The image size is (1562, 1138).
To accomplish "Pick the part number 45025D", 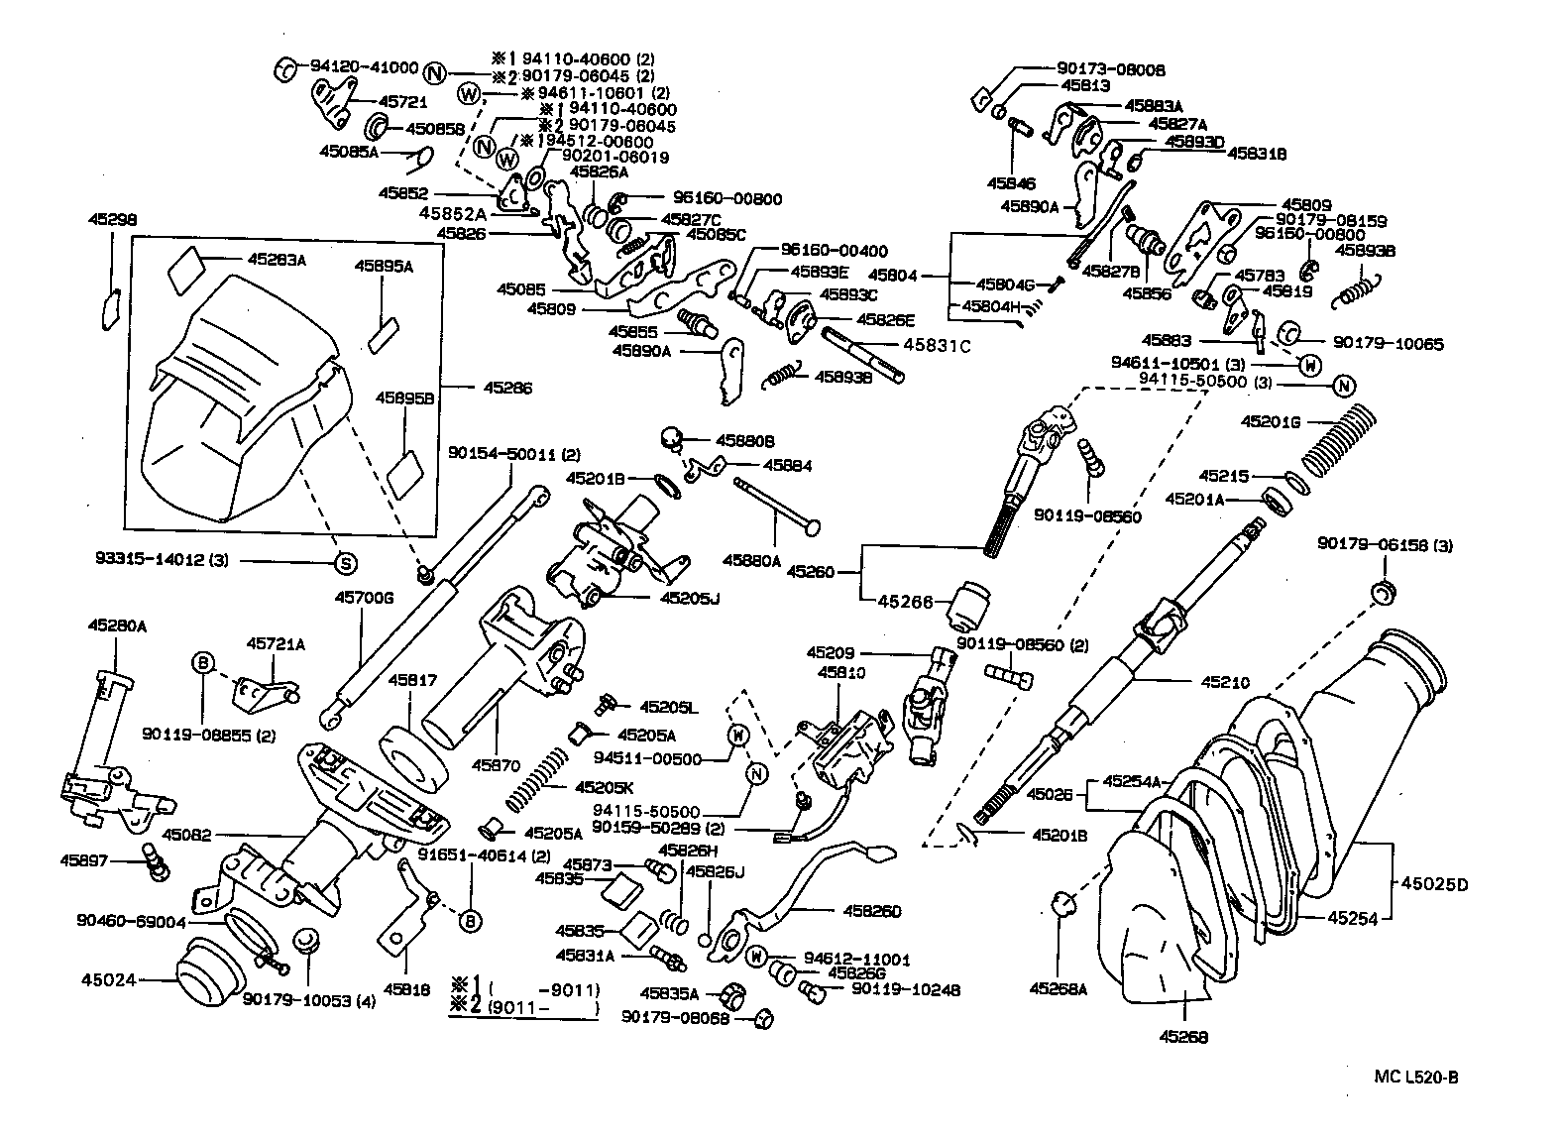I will tap(1432, 883).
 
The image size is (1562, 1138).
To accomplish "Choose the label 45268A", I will tap(1059, 987).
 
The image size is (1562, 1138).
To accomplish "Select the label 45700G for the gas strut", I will tap(364, 598).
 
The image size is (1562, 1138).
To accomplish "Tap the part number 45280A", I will tap(117, 626).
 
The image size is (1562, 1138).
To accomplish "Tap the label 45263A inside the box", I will tap(277, 260).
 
